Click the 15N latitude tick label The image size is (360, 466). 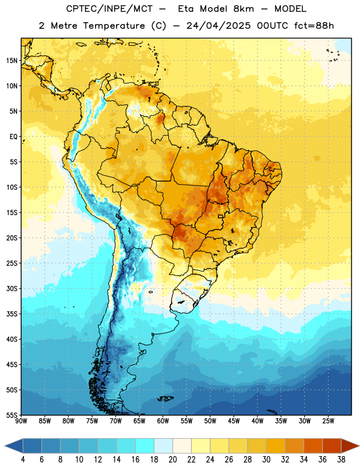[x=12, y=61]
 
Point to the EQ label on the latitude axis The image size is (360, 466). [x=13, y=137]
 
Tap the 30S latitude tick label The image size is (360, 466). [x=12, y=288]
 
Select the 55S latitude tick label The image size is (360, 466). [x=12, y=415]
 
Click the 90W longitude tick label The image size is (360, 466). [x=21, y=421]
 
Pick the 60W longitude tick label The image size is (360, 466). [x=163, y=421]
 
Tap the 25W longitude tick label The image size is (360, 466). [x=328, y=421]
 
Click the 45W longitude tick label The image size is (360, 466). [x=234, y=421]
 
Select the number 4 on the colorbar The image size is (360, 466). [x=23, y=460]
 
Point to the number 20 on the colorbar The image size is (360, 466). [x=172, y=460]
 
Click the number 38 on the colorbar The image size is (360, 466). [x=341, y=460]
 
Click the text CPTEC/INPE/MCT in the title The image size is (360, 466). [x=109, y=9]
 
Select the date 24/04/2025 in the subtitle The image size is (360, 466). [x=218, y=26]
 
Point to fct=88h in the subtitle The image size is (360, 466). [x=314, y=26]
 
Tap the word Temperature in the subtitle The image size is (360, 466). [x=114, y=26]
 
